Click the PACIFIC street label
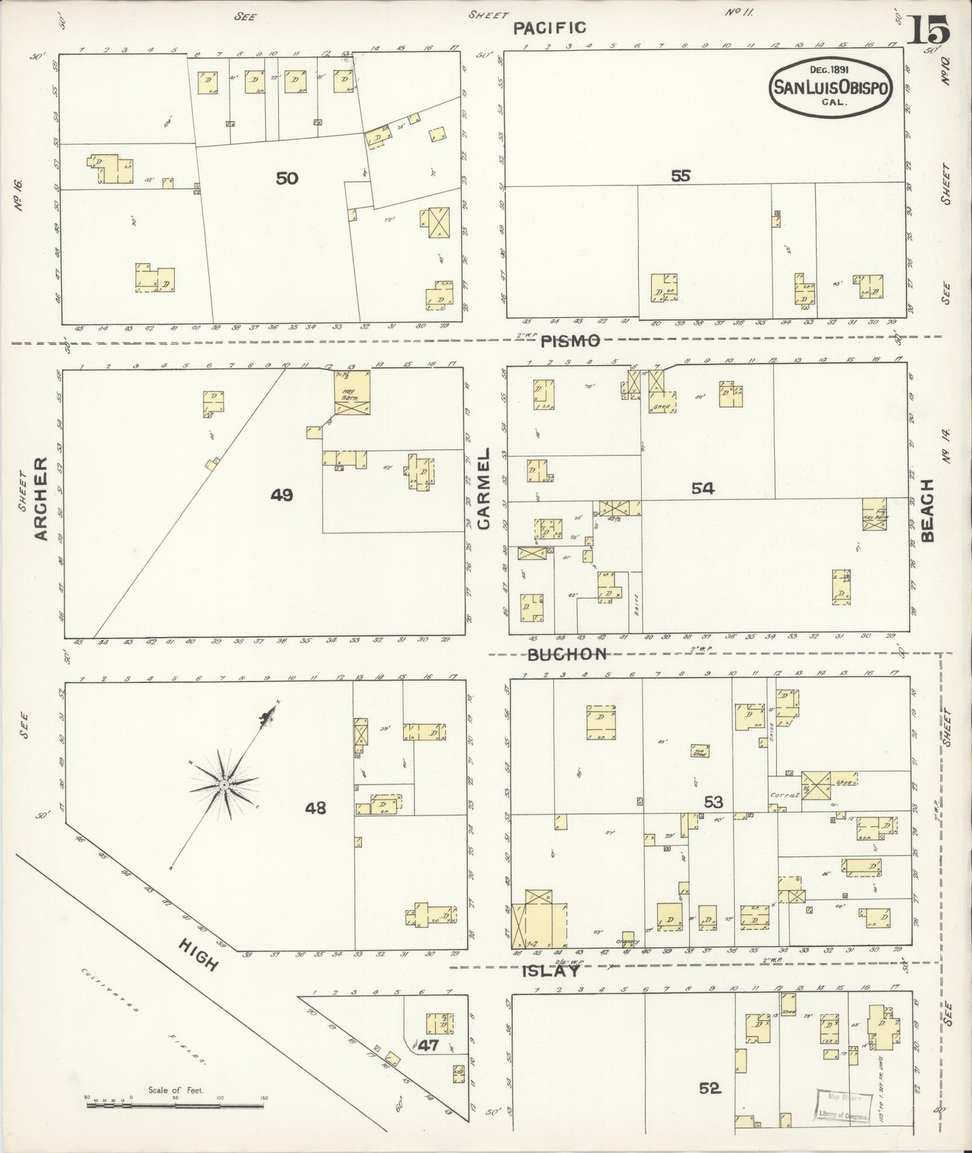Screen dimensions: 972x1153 point(549,28)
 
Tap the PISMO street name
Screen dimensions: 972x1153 point(571,341)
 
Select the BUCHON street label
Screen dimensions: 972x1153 point(568,654)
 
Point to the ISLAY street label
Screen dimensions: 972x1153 point(551,971)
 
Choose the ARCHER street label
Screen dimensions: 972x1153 point(41,498)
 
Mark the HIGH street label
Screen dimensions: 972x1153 point(199,955)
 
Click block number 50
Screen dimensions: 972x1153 point(287,178)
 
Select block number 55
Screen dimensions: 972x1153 point(680,176)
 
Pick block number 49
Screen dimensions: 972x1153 point(281,495)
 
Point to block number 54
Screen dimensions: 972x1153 point(702,489)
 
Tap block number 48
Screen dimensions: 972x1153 point(315,807)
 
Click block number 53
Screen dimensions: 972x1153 point(713,802)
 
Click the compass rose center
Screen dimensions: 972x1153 point(224,784)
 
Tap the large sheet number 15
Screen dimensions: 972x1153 point(928,30)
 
